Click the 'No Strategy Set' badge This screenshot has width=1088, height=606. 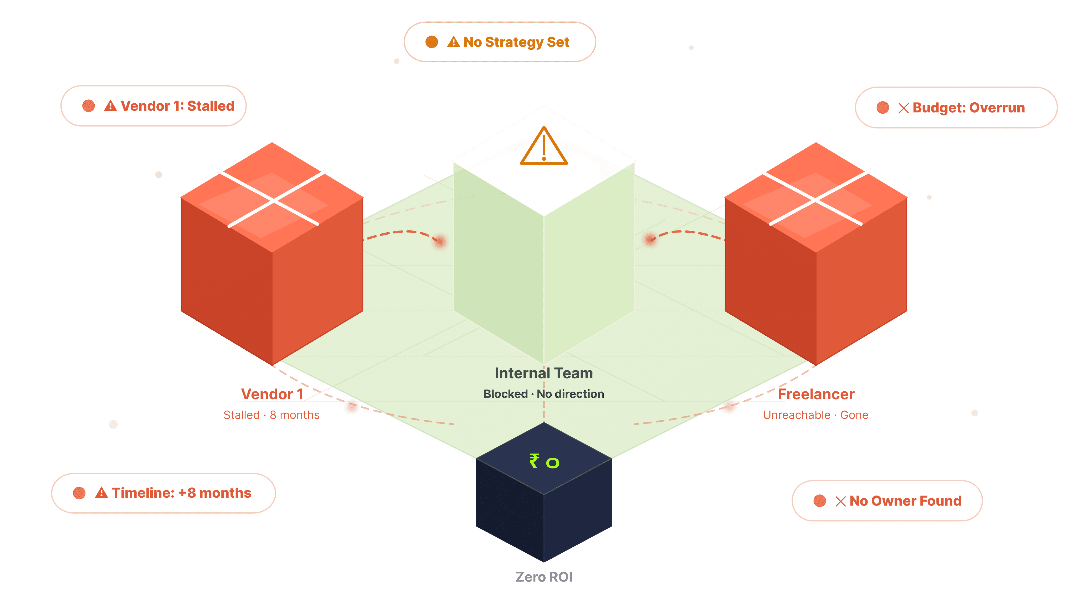500,42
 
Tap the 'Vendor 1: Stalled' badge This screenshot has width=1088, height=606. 153,106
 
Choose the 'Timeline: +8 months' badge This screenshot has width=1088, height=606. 163,493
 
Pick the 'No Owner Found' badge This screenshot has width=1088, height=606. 887,501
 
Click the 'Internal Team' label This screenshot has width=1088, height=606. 543,373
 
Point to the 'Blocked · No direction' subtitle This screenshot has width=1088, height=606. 543,394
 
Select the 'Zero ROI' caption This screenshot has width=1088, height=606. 543,577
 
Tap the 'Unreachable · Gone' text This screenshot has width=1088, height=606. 815,415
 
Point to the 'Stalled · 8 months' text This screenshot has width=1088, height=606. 271,415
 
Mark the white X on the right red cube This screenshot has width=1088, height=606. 815,197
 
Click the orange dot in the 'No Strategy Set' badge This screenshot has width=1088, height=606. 432,42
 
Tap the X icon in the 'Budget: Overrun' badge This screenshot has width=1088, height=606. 904,108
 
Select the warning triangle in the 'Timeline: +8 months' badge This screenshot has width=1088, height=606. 101,493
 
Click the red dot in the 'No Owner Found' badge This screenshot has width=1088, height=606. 820,501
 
